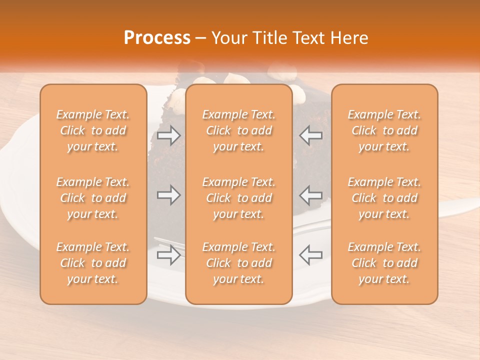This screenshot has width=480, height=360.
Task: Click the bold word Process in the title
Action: point(157,38)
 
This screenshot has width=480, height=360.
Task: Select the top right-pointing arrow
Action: point(168,135)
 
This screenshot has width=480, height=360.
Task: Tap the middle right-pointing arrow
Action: point(168,194)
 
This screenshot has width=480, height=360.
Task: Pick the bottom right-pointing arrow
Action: point(168,255)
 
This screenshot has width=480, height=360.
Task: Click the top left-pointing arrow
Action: point(310,135)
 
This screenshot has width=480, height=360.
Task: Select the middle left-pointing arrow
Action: point(310,194)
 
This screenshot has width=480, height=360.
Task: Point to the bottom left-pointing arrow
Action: point(310,255)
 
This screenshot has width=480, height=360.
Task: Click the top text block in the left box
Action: point(93,130)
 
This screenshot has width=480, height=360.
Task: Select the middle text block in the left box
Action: point(93,198)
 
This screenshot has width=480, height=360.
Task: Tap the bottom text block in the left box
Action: point(93,263)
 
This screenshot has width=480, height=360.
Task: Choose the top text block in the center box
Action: point(239,130)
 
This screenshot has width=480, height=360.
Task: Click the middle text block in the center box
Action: point(239,198)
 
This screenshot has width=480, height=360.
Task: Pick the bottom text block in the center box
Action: point(239,263)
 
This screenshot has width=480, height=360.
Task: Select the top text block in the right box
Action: point(384,130)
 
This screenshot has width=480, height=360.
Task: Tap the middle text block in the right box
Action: point(384,198)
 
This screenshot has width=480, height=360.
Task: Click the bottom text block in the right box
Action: point(384,263)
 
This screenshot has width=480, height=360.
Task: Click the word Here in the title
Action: point(350,38)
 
